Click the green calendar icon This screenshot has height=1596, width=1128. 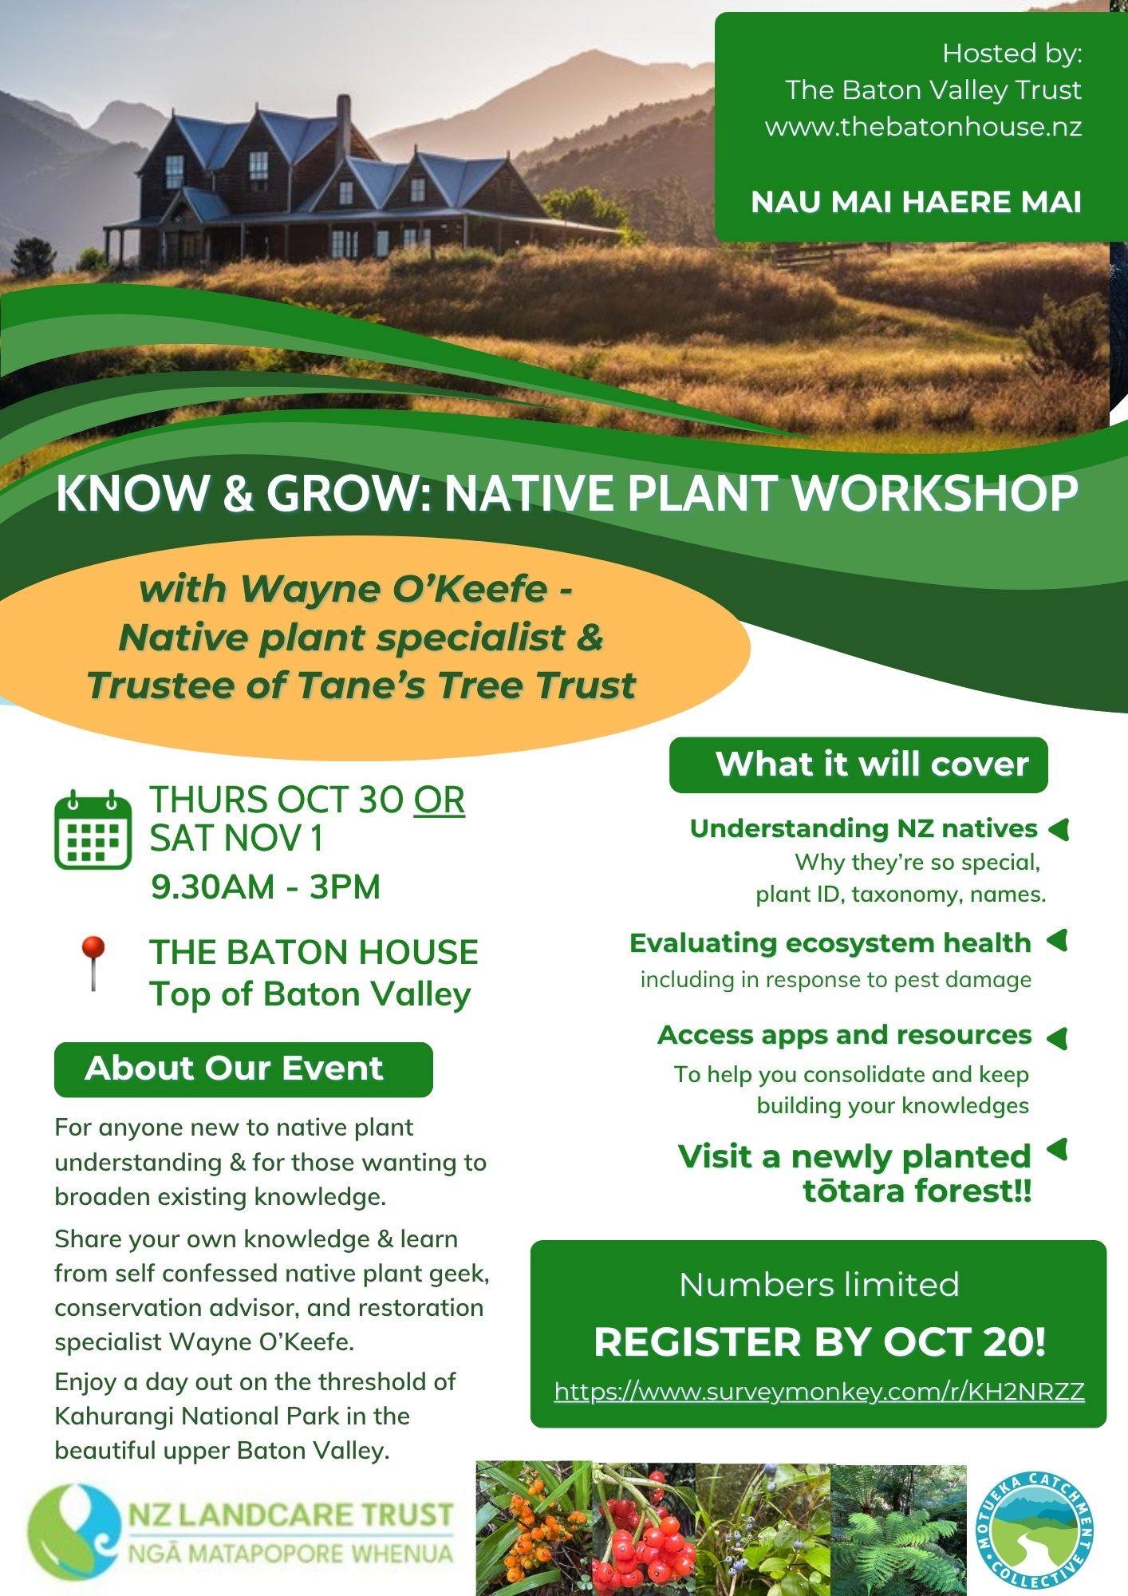tap(93, 830)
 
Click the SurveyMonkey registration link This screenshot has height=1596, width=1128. tap(819, 1392)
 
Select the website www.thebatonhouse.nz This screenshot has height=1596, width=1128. tap(923, 127)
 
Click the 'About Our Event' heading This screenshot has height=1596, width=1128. tap(235, 1068)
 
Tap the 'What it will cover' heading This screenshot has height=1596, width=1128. tap(872, 764)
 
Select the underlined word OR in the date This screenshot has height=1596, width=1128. tap(439, 800)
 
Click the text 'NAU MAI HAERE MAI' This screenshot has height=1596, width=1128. tap(916, 202)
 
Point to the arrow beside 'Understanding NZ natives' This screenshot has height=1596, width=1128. tap(1059, 830)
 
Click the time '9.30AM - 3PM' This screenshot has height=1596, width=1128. tap(266, 887)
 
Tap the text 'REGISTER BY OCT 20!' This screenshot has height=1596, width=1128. tap(819, 1342)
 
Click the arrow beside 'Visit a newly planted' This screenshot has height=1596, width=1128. tap(1057, 1150)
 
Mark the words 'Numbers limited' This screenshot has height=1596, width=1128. tap(819, 1285)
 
